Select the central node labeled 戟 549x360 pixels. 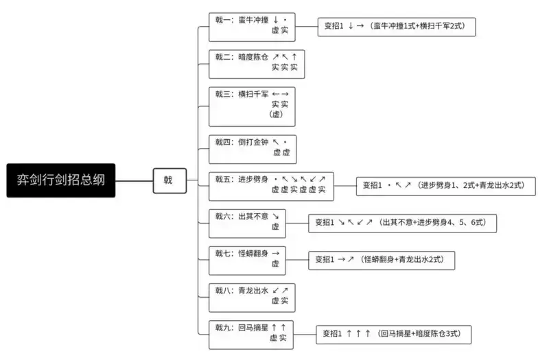tap(169, 180)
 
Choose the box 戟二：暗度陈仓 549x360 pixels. tap(256, 63)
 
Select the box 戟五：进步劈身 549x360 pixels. tap(271, 185)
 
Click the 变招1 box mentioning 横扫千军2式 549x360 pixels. tap(397, 26)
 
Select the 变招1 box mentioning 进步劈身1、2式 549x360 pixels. tap(445, 185)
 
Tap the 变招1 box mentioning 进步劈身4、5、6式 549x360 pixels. tap(401, 222)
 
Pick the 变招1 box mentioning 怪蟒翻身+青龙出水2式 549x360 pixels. tap(381, 259)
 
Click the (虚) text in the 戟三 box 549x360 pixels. tap(277, 115)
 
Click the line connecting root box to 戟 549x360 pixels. tap(134, 180)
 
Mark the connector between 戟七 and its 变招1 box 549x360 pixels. tap(297, 259)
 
